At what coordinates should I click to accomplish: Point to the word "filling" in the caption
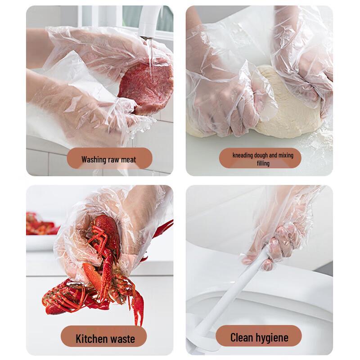pyautogui.click(x=263, y=163)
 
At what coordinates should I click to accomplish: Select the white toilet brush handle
pyautogui.click(x=232, y=296)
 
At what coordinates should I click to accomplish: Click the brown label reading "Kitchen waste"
pyautogui.click(x=103, y=336)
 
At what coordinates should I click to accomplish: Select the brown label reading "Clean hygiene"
pyautogui.click(x=258, y=336)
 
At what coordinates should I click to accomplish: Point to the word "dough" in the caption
pyautogui.click(x=261, y=155)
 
